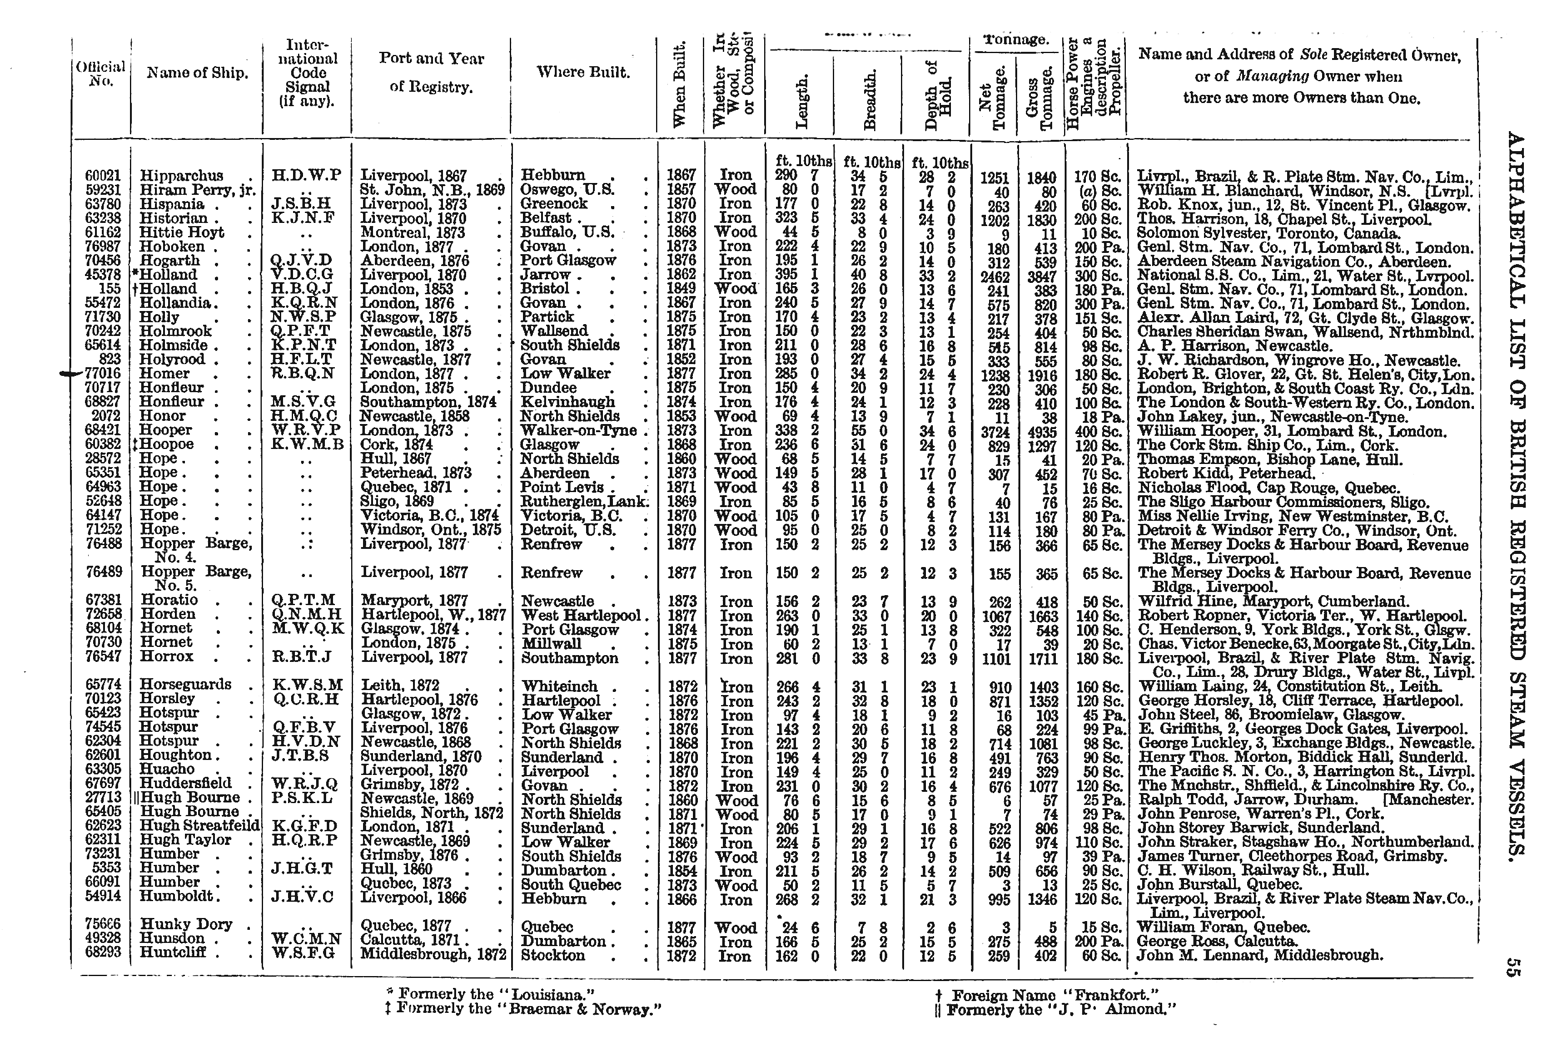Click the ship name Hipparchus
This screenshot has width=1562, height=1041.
click(181, 176)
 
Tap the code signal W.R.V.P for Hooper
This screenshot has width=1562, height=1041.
click(306, 430)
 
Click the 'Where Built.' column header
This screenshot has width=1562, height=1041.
click(583, 72)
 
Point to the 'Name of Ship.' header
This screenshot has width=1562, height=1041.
click(197, 73)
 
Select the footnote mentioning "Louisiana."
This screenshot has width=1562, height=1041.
click(490, 994)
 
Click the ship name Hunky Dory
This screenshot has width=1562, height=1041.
click(186, 924)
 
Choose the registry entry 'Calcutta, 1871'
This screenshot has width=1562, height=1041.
click(409, 939)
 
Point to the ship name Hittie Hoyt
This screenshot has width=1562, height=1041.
click(181, 232)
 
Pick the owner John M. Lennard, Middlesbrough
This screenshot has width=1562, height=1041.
click(1260, 955)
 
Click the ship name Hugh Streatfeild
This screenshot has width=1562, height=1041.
click(199, 826)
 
